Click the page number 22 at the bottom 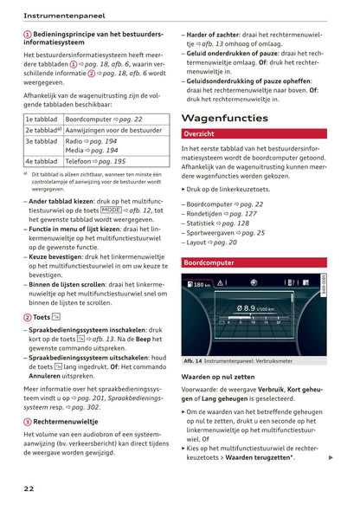(29, 488)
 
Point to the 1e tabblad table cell (42, 119)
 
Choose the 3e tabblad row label (42, 140)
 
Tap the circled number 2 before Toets (28, 317)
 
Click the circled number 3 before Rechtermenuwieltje (28, 421)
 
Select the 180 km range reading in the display (202, 284)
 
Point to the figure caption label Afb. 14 (194, 362)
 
